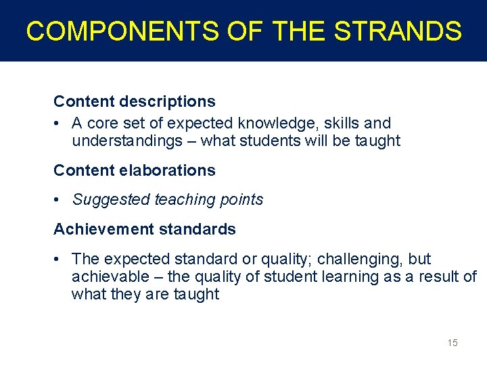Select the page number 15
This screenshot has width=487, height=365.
coord(453,343)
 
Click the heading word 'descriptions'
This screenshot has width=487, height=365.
coord(168,101)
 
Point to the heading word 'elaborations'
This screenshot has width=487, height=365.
coord(168,170)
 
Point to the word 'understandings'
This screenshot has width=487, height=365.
coord(127,141)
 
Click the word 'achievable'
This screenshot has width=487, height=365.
coord(108,277)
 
